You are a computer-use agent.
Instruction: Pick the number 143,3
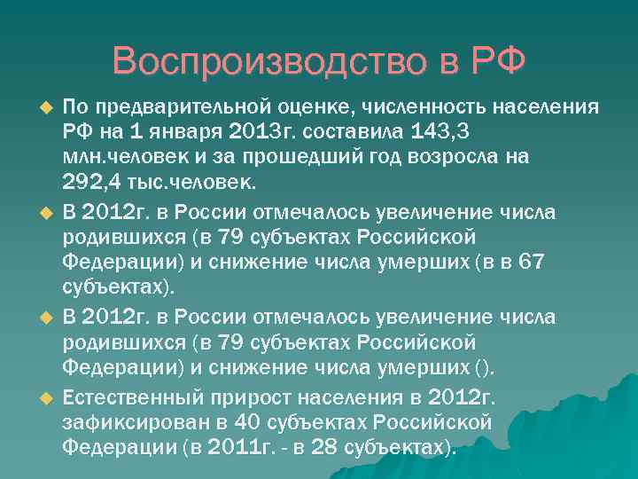point(441,132)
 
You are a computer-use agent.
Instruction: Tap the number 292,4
point(95,183)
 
